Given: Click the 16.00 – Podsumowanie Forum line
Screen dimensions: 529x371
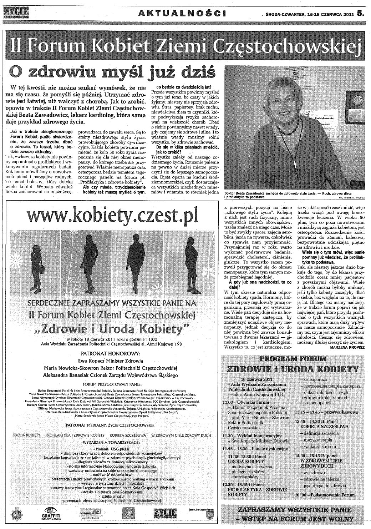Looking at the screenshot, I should (325, 495).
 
